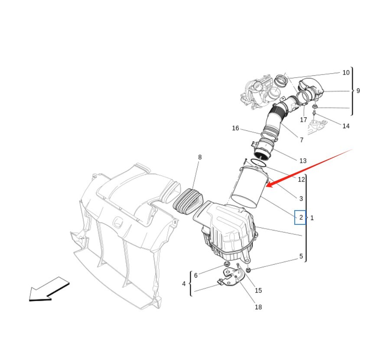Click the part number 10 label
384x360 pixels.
(346, 73)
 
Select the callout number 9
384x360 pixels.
(358, 91)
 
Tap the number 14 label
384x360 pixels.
(346, 126)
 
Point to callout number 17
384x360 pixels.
(303, 120)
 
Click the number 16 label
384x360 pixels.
(235, 128)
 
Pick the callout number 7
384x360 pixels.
(302, 140)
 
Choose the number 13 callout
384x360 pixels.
(303, 161)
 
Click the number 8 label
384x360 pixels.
(200, 157)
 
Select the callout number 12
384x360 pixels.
(301, 180)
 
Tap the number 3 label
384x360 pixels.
(301, 199)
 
